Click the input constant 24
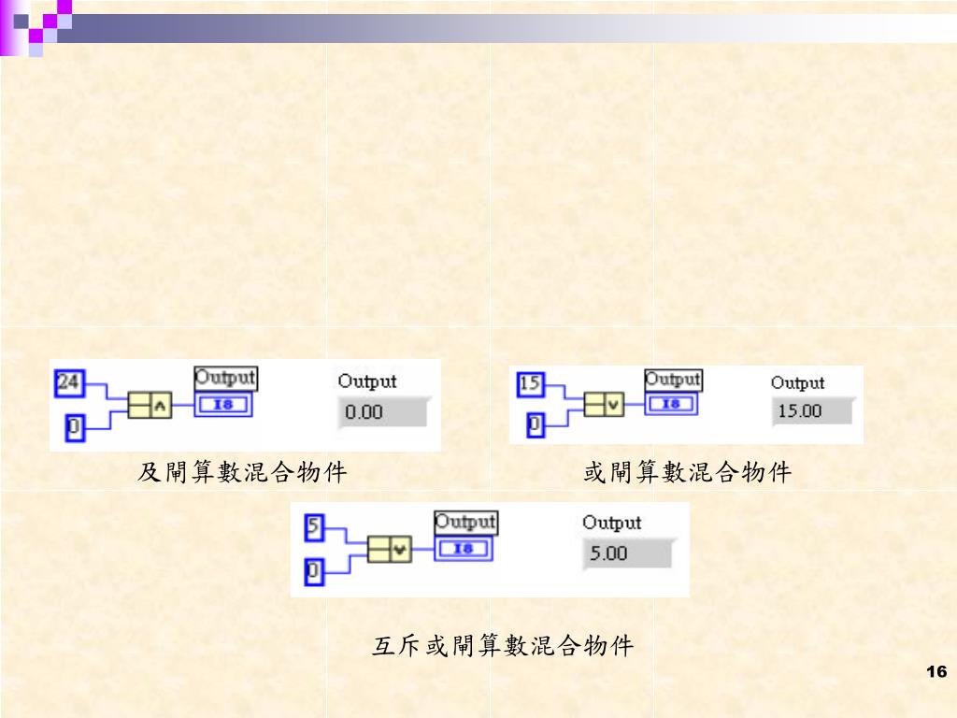[68, 381]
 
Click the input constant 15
[530, 383]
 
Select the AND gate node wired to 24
[150, 405]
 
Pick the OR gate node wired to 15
[603, 404]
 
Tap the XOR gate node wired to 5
[389, 549]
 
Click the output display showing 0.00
[381, 411]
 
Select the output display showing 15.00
[812, 411]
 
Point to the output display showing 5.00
[625, 553]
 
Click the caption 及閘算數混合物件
[242, 473]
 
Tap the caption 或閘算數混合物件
[687, 473]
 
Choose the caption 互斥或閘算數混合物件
[503, 645]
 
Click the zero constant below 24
[73, 429]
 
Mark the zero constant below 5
[314, 570]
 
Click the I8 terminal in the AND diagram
[225, 405]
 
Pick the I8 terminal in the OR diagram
[672, 404]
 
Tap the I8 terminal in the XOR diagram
[464, 549]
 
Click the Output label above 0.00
[367, 381]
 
